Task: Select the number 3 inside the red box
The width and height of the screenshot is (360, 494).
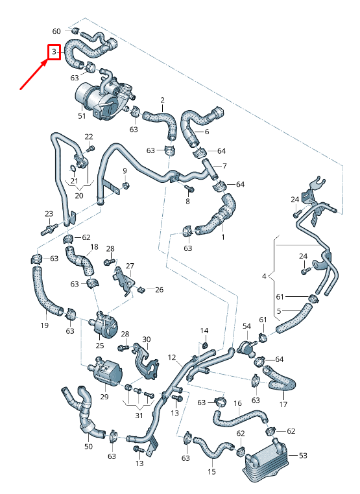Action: coord(54,52)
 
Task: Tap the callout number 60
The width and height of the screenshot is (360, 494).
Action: coord(56,31)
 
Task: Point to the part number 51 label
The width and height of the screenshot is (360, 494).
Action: coord(82,116)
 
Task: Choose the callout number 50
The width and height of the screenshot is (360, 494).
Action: coord(89,447)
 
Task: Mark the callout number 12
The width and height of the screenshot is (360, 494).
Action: coord(172,357)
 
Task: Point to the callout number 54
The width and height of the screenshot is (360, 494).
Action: coord(246,325)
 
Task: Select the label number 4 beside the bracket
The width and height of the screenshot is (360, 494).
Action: coord(264,276)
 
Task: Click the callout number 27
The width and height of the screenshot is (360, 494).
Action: coord(130,266)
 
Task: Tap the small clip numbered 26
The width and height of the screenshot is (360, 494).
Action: coord(141,288)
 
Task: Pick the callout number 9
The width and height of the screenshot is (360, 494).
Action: coord(125,171)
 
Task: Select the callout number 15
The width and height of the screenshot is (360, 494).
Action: coord(211,471)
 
